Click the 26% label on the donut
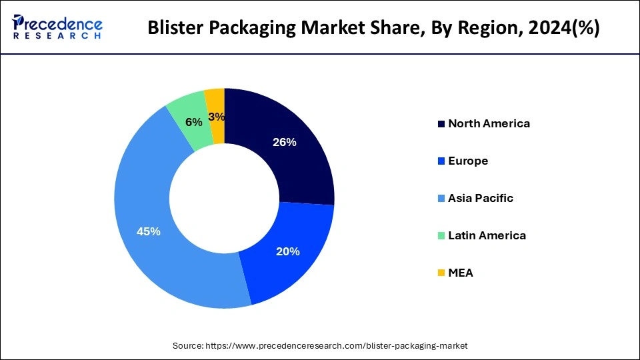point(285,142)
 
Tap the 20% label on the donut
point(287,251)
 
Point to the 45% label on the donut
point(148,231)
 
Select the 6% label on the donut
point(194,123)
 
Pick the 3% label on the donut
point(216,117)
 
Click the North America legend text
point(489,123)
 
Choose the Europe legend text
point(468,161)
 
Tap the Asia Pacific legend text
point(481,198)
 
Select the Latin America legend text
point(487,235)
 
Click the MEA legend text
point(461,273)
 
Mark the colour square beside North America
point(441,124)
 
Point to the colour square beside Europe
point(441,161)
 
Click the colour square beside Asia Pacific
point(441,199)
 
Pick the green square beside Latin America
point(441,236)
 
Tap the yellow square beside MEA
point(441,273)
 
